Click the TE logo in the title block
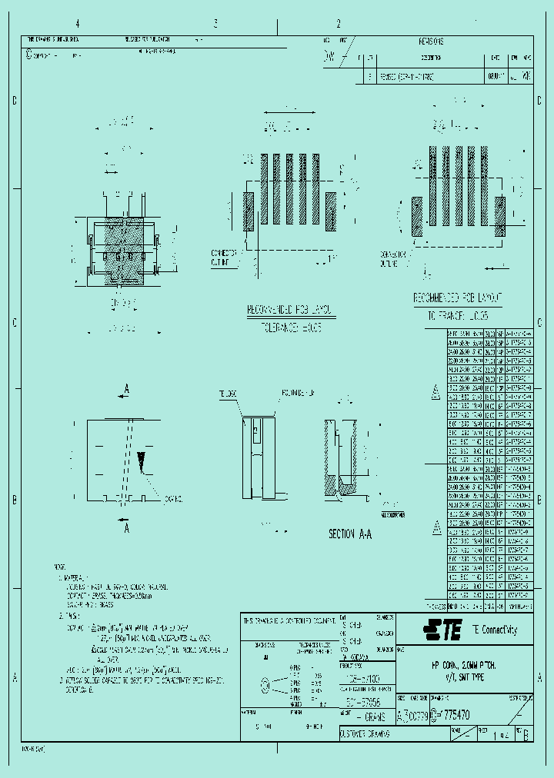pyautogui.click(x=442, y=631)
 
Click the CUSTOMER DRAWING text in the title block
pyautogui.click(x=365, y=734)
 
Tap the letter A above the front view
pyautogui.click(x=127, y=390)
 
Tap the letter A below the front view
pyautogui.click(x=127, y=528)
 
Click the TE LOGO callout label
pyautogui.click(x=227, y=394)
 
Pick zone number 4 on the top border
pyautogui.click(x=76, y=24)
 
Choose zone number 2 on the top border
pyautogui.click(x=338, y=24)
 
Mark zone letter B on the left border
pyautogui.click(x=14, y=500)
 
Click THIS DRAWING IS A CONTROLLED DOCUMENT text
pyautogui.click(x=289, y=620)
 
